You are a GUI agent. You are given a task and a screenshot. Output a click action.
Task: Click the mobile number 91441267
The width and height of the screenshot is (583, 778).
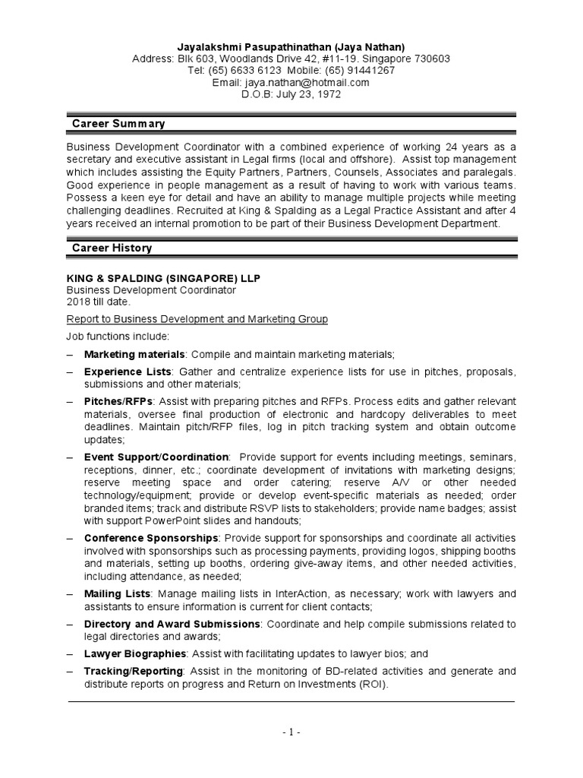pyautogui.click(x=369, y=71)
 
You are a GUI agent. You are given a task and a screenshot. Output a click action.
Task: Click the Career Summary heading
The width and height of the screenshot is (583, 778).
pyautogui.click(x=118, y=124)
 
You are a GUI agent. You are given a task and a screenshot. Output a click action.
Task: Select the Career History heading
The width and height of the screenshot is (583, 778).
pyautogui.click(x=112, y=248)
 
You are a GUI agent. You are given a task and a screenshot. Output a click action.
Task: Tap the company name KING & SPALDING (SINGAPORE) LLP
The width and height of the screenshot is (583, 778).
pyautogui.click(x=163, y=279)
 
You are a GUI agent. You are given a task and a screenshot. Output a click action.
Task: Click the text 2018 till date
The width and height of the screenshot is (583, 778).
pyautogui.click(x=99, y=302)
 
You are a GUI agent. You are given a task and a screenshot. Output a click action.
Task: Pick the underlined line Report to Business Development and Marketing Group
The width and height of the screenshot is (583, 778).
pyautogui.click(x=197, y=319)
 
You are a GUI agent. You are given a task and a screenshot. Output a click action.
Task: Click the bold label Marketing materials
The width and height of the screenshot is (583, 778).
pyautogui.click(x=134, y=354)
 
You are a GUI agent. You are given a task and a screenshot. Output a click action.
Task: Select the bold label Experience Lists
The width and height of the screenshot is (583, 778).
pyautogui.click(x=128, y=372)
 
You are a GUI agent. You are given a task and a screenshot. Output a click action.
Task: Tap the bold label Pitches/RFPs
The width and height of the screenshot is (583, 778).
pyautogui.click(x=118, y=401)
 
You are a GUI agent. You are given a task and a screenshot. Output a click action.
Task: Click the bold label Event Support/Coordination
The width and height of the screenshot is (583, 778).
pyautogui.click(x=156, y=457)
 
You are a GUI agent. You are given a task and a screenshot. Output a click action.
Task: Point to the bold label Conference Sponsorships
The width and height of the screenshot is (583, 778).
pyautogui.click(x=151, y=537)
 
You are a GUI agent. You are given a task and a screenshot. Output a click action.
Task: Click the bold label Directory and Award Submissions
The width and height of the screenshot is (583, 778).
pyautogui.click(x=172, y=624)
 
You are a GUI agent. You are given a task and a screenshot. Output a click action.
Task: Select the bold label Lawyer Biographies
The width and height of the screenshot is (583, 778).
pyautogui.click(x=135, y=653)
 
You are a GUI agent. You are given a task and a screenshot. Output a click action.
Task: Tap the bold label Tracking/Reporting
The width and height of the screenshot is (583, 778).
pyautogui.click(x=134, y=671)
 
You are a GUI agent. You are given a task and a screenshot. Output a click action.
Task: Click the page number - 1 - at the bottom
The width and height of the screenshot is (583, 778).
pyautogui.click(x=291, y=732)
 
